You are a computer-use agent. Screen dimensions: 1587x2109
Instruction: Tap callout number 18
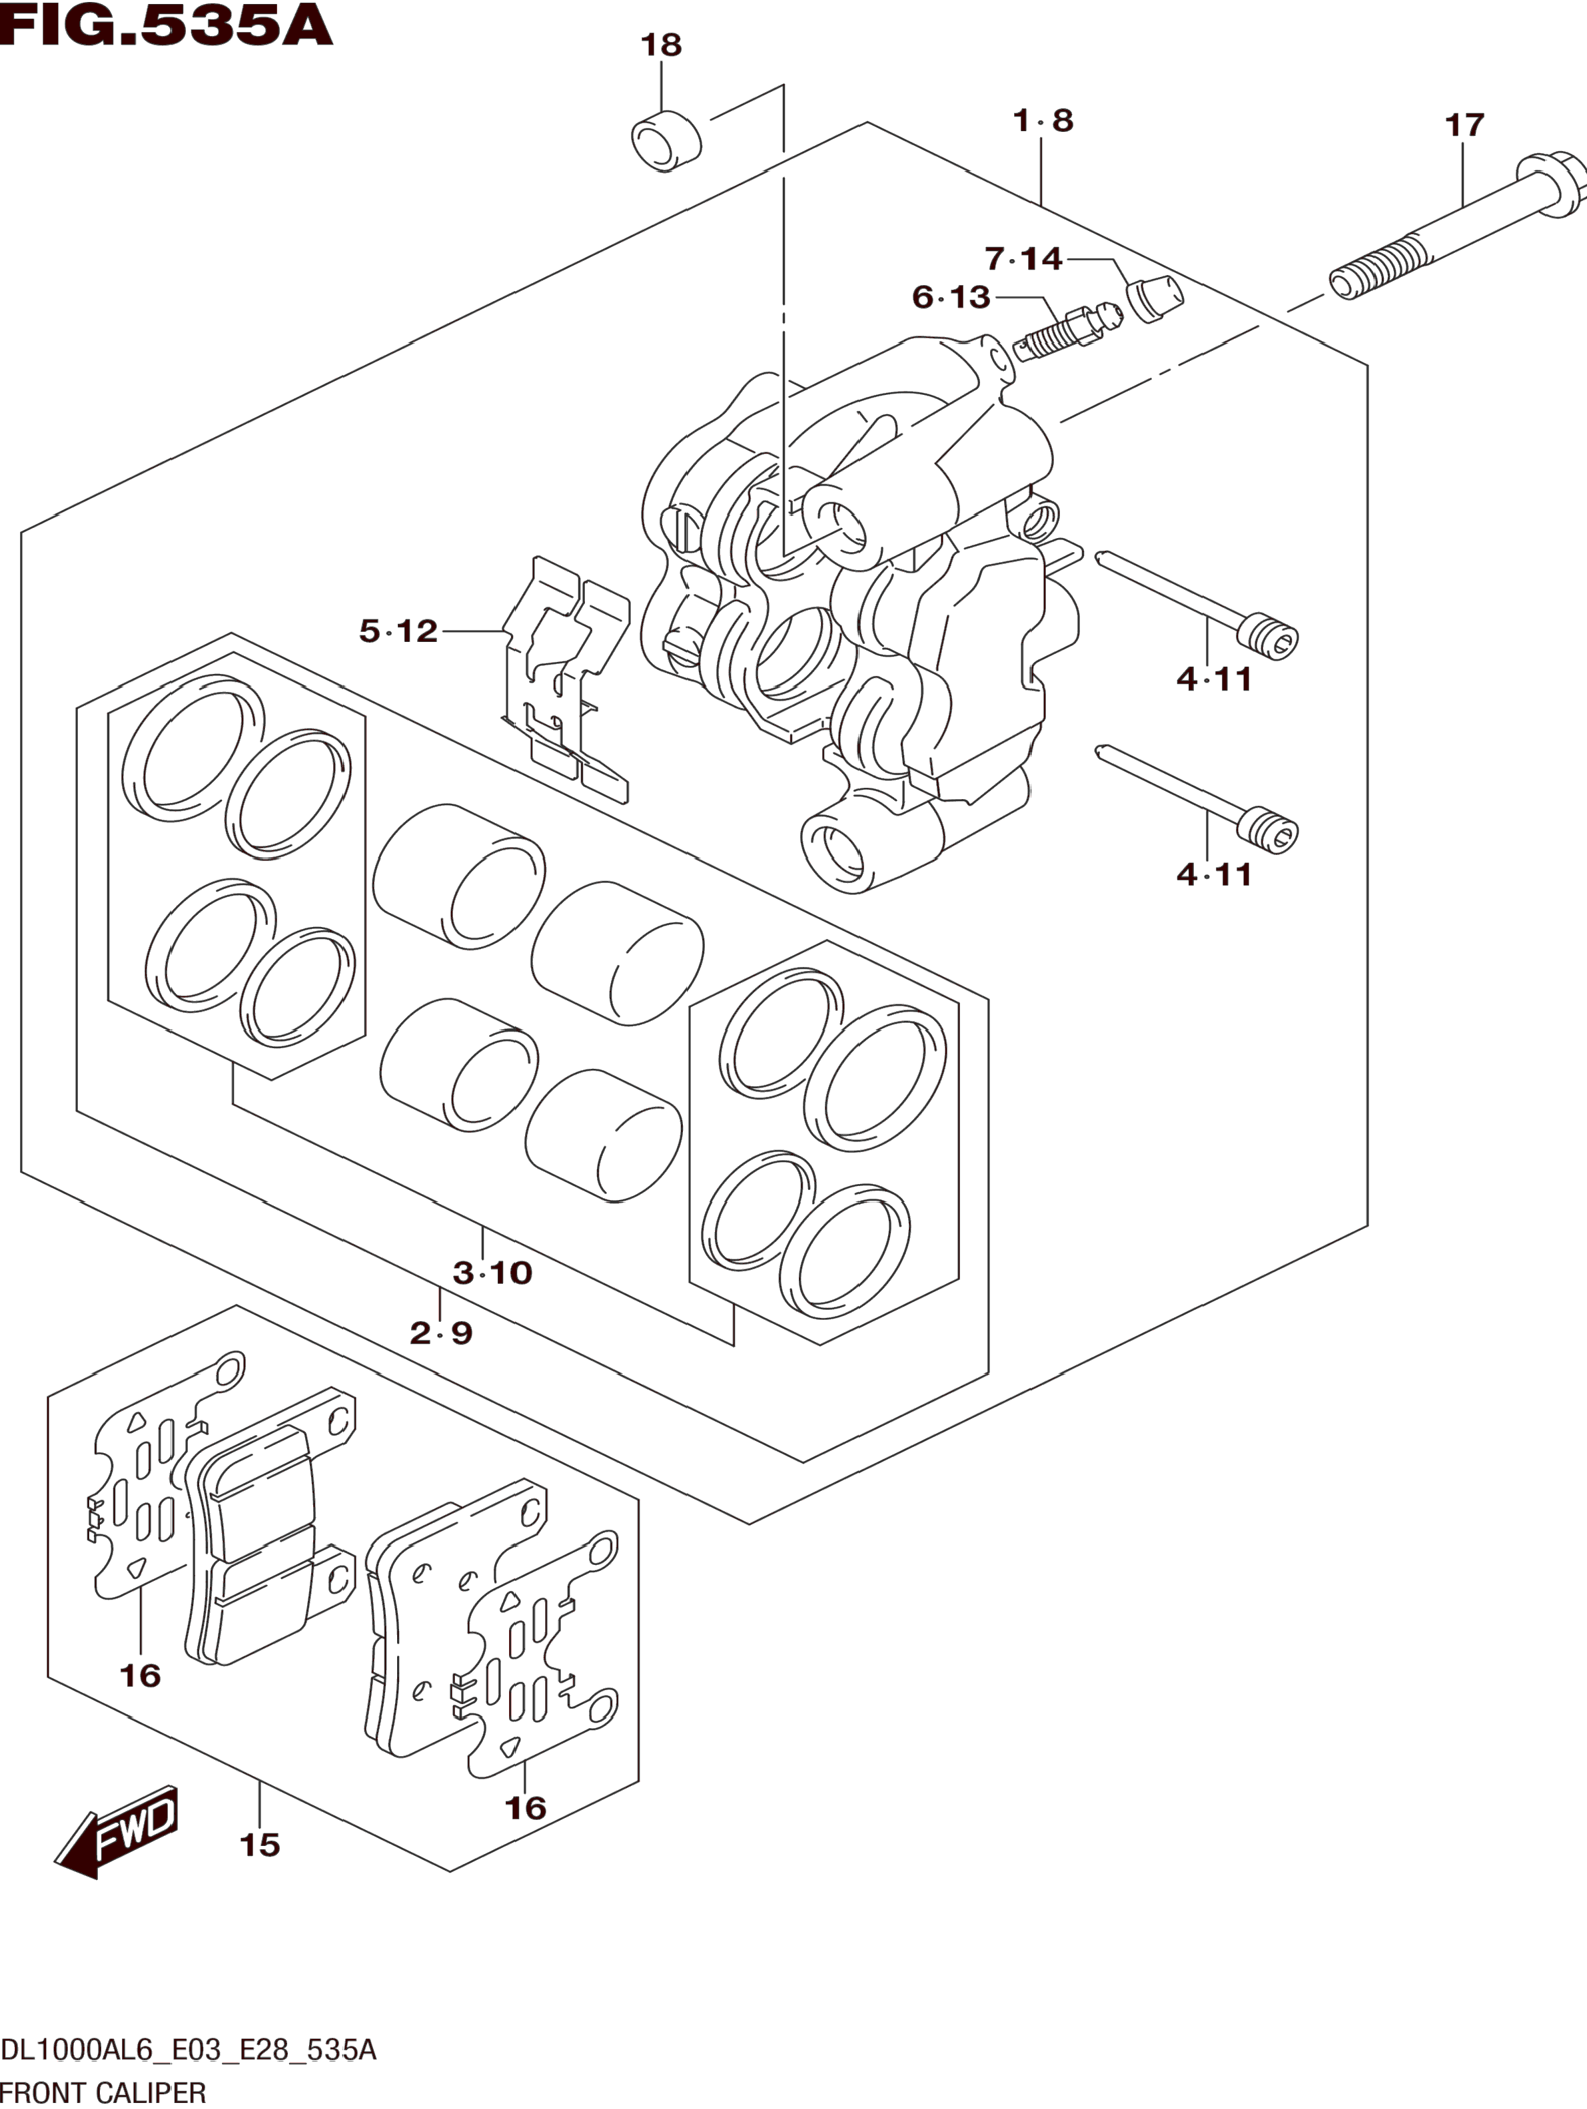click(661, 45)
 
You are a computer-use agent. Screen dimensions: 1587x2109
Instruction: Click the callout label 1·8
click(1043, 121)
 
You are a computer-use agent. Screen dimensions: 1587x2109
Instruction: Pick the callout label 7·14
click(1023, 258)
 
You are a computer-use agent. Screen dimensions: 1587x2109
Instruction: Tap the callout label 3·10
click(492, 1272)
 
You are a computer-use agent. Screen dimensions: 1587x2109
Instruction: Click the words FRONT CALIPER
click(103, 2093)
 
